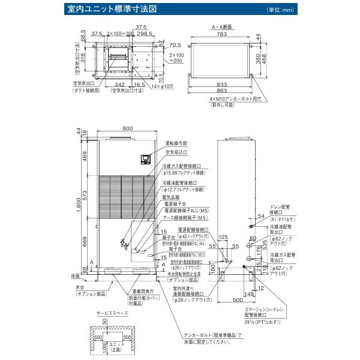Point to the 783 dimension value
pyautogui.click(x=223, y=35)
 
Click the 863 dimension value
pyautogui.click(x=223, y=92)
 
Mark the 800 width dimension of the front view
pyautogui.click(x=127, y=128)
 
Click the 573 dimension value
pyautogui.click(x=86, y=197)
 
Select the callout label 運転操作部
pyautogui.click(x=176, y=143)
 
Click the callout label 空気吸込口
pyautogui.click(x=176, y=154)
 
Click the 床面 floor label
pyautogui.click(x=74, y=276)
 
